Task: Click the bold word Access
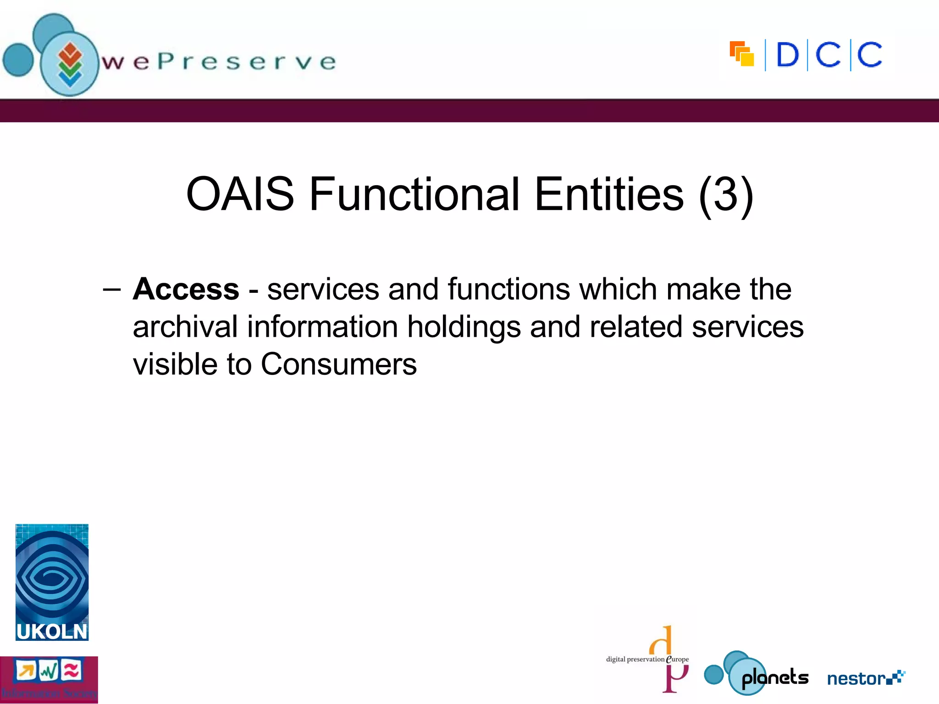[186, 290]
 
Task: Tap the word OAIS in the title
[240, 194]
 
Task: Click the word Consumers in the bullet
[339, 364]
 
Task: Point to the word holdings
[464, 327]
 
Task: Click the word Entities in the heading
[609, 194]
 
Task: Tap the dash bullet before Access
[112, 290]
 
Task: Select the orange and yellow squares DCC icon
[741, 54]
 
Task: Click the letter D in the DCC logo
[787, 55]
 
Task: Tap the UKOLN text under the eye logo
[52, 632]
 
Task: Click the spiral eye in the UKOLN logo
[52, 577]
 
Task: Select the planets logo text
[775, 677]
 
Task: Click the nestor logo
[865, 678]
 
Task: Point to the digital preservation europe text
[646, 659]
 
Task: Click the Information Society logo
[49, 679]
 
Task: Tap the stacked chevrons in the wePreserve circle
[70, 65]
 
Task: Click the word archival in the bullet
[185, 327]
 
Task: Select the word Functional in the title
[414, 194]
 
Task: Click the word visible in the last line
[175, 364]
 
